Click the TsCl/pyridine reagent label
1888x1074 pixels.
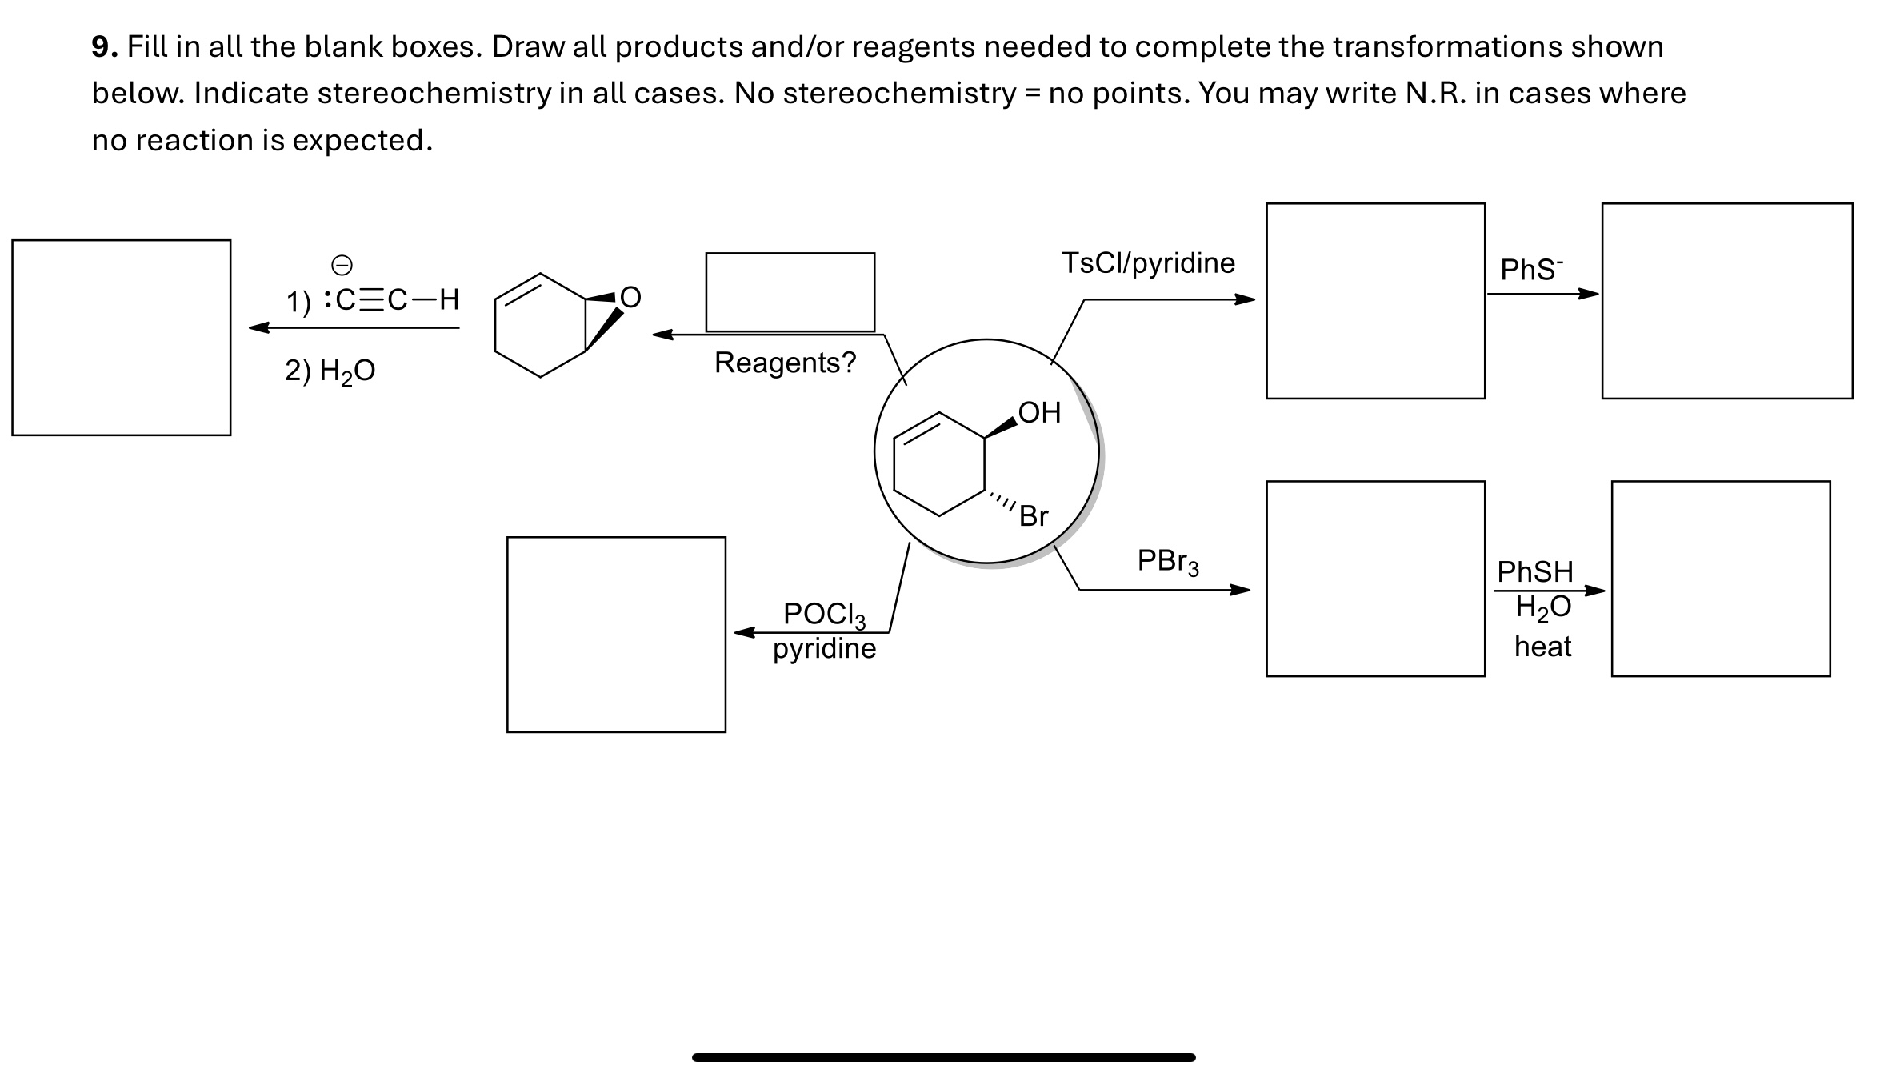pos(1148,263)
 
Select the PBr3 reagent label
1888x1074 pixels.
pos(1168,561)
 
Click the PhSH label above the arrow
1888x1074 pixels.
pos(1534,571)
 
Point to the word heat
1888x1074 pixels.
pos(1542,646)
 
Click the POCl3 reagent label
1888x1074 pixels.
pos(824,614)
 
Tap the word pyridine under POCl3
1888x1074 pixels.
pos(824,648)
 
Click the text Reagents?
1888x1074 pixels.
pos(785,363)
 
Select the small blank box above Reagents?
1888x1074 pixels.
pos(790,292)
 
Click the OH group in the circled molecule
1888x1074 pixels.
pos(1039,412)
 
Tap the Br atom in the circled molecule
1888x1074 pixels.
pos(1033,516)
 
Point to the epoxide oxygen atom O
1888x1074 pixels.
pos(630,298)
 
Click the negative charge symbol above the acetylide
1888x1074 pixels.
pos(342,264)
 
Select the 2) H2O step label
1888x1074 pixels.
pos(330,371)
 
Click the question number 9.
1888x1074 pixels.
pos(104,47)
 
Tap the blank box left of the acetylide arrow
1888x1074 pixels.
pos(122,338)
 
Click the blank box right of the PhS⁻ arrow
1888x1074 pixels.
pos(1726,301)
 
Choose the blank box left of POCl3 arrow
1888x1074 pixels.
pos(616,635)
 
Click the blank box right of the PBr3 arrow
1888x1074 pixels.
pos(1375,579)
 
